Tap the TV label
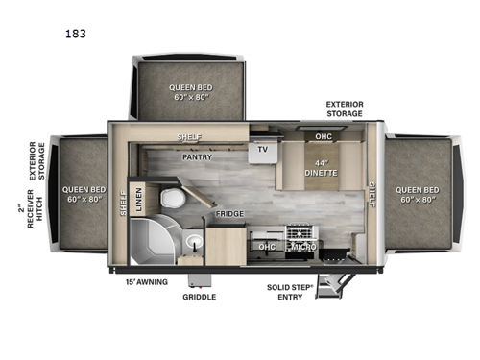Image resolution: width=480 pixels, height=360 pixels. coord(261,150)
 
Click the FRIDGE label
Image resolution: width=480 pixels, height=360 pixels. coord(228,214)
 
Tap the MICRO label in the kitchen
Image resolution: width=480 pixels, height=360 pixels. coord(303,247)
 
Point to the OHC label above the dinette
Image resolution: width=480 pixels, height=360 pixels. coord(324,136)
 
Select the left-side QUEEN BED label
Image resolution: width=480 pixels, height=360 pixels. coord(84,195)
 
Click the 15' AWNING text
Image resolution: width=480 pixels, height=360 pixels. coord(148,282)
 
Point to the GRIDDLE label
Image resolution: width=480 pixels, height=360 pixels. coord(200,297)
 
